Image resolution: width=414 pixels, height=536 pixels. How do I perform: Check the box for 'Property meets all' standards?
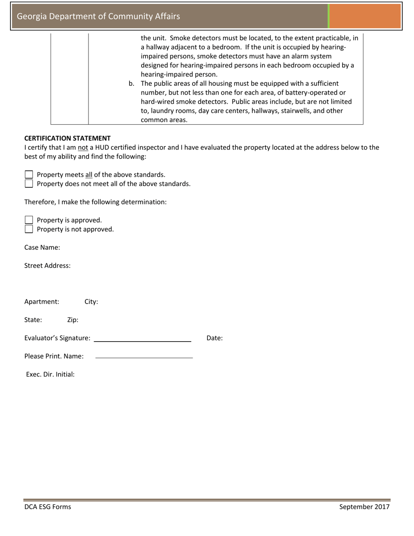(29, 175)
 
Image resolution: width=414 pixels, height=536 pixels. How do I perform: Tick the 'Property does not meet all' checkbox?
(29, 183)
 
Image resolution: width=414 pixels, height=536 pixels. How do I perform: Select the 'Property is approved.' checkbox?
(29, 220)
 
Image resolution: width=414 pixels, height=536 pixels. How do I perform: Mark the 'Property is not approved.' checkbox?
(29, 229)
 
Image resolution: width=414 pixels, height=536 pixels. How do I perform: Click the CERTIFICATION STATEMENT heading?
(67, 138)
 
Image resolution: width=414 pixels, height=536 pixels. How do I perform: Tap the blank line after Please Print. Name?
(144, 357)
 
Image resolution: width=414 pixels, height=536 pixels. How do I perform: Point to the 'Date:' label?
(214, 338)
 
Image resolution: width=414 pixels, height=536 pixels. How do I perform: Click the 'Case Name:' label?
(42, 248)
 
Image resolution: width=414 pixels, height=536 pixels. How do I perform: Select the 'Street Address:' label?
(47, 266)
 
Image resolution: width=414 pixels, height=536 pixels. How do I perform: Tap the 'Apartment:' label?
(41, 302)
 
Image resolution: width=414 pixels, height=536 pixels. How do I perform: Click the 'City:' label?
(91, 302)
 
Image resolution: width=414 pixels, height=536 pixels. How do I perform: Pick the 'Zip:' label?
(73, 320)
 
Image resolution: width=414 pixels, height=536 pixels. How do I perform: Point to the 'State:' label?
(33, 320)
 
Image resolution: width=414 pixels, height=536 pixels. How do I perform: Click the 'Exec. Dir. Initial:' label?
(50, 374)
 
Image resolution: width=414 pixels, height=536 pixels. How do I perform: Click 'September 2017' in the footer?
(364, 507)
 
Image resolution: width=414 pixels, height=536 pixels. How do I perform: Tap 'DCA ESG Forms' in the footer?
(48, 507)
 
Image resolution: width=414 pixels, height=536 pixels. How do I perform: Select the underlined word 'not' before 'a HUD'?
(83, 148)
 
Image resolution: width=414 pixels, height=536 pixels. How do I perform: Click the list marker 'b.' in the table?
(131, 83)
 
